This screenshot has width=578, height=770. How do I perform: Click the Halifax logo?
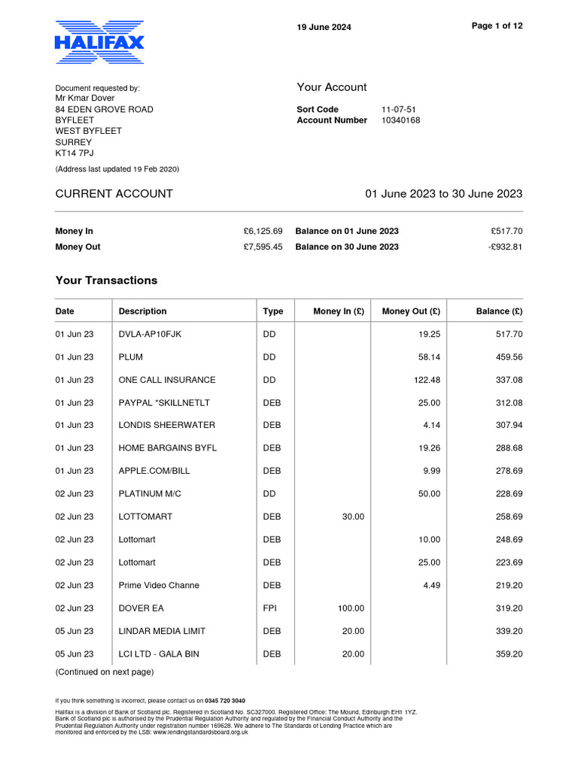click(x=99, y=41)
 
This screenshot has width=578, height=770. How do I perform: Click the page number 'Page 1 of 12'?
click(x=497, y=26)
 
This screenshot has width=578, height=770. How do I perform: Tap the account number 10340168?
click(x=401, y=120)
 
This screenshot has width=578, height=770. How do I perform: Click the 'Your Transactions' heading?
click(x=106, y=280)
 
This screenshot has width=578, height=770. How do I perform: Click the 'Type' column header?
click(x=273, y=311)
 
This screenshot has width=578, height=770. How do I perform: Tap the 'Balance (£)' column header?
click(x=499, y=311)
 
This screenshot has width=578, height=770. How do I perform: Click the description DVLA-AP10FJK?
click(x=150, y=335)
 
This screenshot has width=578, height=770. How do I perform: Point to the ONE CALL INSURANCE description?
click(x=167, y=380)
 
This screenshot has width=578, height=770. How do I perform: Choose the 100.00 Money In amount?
click(x=350, y=608)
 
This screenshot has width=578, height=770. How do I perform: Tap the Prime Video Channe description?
click(x=159, y=585)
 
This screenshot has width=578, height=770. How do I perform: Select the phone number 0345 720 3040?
click(x=225, y=701)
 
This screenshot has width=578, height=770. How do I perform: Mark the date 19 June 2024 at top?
click(x=324, y=28)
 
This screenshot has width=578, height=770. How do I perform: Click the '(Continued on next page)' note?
click(x=104, y=671)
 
